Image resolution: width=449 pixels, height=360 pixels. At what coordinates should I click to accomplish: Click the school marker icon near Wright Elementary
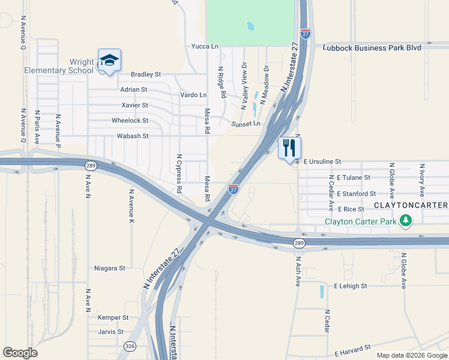(x=109, y=61)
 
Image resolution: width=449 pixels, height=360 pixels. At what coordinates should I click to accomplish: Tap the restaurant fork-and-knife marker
(x=290, y=148)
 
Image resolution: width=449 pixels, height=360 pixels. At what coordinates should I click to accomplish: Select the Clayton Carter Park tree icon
(x=406, y=221)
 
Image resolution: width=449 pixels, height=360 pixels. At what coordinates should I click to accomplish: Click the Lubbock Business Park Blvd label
(x=372, y=47)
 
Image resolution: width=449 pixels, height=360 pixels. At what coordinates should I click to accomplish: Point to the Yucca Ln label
(x=204, y=46)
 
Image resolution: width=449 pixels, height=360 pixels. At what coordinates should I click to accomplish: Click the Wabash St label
(x=132, y=136)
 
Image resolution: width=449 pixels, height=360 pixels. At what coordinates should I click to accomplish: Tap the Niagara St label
(x=110, y=268)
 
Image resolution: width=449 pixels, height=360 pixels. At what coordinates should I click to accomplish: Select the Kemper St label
(x=113, y=317)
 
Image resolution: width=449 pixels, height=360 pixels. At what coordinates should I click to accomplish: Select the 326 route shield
(x=130, y=346)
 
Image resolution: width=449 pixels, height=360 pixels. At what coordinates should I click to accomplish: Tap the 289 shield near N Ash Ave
(x=298, y=242)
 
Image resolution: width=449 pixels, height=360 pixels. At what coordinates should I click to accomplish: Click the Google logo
(x=20, y=353)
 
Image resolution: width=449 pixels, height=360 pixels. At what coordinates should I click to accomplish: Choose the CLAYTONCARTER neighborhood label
(x=411, y=205)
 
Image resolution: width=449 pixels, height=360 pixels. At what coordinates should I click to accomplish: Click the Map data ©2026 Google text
(x=411, y=355)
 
